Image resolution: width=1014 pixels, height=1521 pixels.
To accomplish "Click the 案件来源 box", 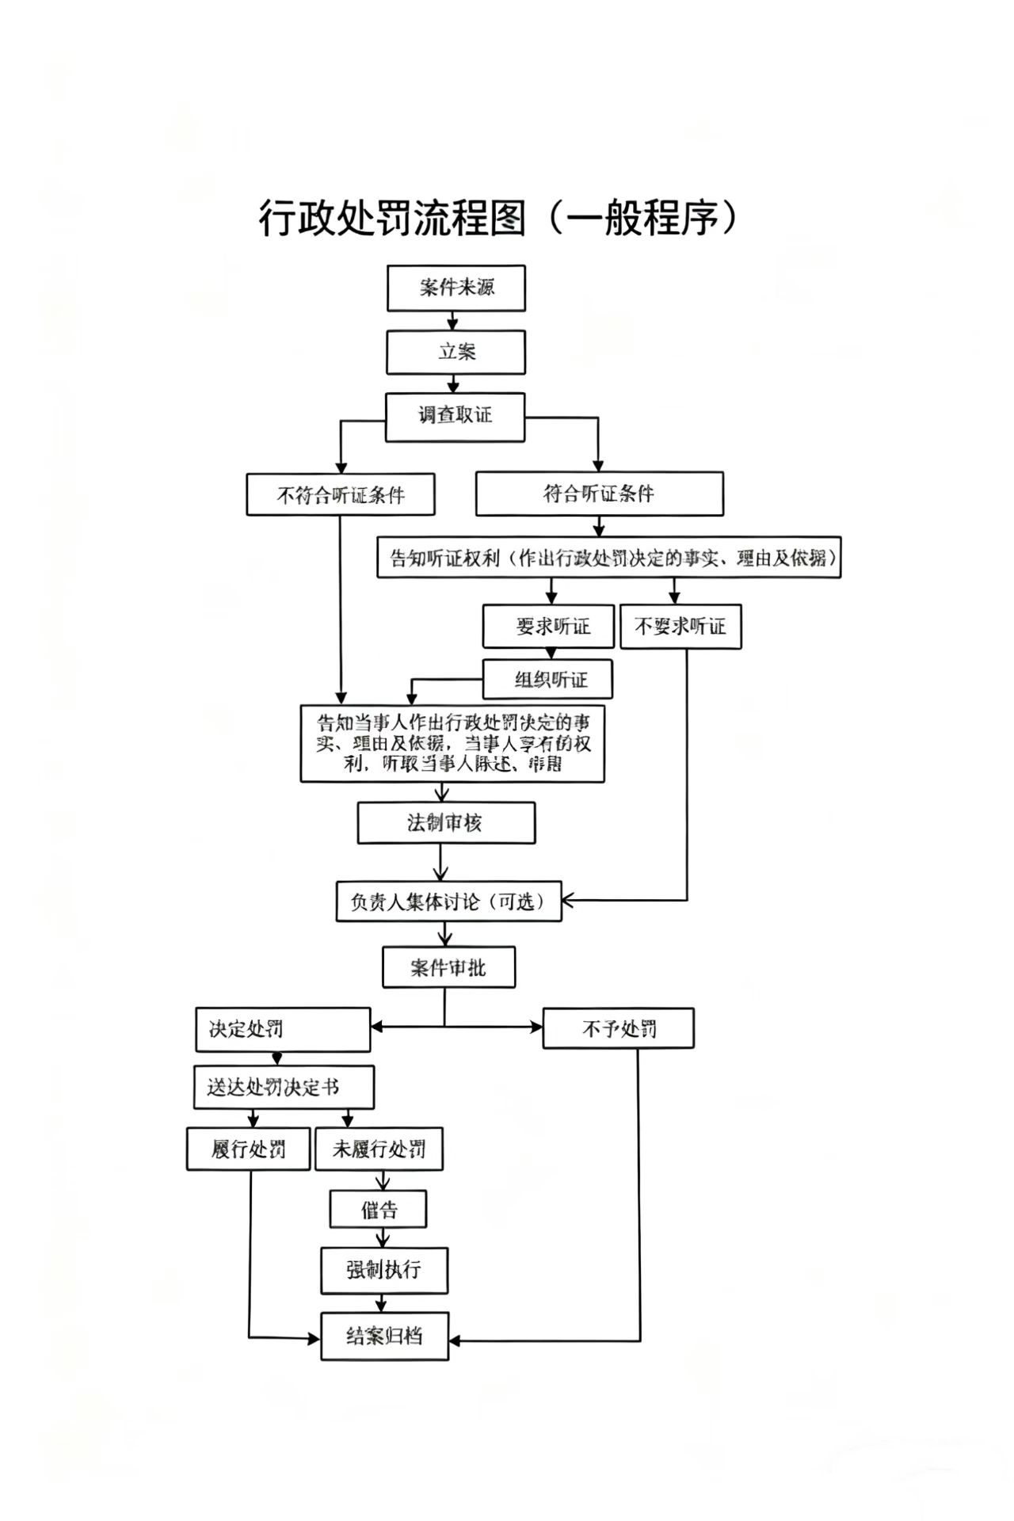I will (456, 288).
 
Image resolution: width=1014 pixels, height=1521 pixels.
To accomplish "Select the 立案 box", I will (456, 352).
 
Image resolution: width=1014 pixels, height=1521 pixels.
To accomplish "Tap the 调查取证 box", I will (455, 417).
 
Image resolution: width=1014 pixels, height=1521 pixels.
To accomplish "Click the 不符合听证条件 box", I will (341, 495).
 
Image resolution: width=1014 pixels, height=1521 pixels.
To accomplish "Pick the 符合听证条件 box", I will (599, 494).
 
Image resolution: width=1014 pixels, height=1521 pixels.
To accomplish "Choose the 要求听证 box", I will (549, 627).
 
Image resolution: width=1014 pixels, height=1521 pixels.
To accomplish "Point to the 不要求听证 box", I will (680, 627).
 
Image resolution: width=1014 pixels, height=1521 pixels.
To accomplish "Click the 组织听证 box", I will (547, 680).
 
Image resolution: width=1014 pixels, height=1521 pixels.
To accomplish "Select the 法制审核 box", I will (446, 823).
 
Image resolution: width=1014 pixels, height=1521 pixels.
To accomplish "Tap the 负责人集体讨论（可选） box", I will (448, 902).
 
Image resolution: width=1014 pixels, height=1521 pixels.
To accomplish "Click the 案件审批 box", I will (448, 967).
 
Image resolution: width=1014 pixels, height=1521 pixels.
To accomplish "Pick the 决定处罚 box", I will (283, 1029).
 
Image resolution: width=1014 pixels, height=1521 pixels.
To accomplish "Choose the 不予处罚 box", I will (618, 1028).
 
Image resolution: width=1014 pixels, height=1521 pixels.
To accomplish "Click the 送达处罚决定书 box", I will (284, 1087).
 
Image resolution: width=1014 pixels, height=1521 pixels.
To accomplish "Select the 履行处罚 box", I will (248, 1149).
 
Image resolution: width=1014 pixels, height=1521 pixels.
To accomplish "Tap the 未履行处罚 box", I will (379, 1149).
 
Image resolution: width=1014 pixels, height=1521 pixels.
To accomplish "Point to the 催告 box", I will (379, 1210).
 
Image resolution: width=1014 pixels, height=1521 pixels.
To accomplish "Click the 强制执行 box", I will (384, 1271).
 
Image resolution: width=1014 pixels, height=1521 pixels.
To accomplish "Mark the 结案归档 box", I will (384, 1336).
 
